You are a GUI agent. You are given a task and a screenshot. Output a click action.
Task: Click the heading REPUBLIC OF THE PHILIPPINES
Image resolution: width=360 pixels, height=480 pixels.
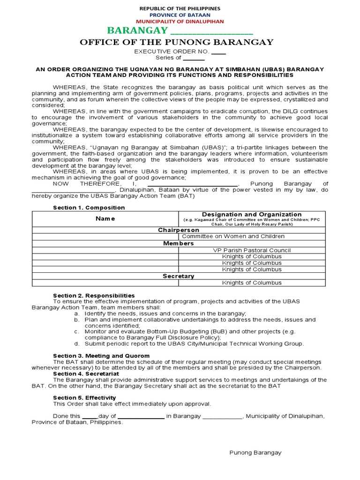coord(180,9)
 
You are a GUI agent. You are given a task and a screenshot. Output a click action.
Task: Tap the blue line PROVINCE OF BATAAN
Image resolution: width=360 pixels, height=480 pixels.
coord(180,15)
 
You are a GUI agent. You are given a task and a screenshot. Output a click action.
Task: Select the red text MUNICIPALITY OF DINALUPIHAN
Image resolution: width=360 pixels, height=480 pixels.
coord(180,22)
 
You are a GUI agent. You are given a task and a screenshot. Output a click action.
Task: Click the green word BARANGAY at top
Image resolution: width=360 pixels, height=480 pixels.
coord(137,31)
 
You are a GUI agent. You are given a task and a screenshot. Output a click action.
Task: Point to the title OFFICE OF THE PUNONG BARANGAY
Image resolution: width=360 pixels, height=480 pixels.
coord(177,43)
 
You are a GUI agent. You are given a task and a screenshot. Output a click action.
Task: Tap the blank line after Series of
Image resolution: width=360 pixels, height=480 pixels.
coord(194,58)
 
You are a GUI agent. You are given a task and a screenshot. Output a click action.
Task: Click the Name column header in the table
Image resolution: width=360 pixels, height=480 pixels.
coord(105,218)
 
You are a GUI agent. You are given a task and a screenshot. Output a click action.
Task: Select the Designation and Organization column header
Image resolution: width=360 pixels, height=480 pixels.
coord(252,214)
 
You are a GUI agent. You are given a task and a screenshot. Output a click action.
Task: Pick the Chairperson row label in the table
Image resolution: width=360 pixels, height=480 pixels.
coord(179,230)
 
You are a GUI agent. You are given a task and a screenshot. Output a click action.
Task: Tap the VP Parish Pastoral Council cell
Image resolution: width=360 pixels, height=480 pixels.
coord(252,250)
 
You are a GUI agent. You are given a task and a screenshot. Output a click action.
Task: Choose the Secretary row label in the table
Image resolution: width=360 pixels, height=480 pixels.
coord(179,276)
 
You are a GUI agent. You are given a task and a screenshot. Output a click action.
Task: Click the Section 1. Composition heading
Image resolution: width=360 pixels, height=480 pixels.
coord(89,208)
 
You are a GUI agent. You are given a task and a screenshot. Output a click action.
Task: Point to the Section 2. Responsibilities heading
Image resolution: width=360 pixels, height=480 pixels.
coord(94,295)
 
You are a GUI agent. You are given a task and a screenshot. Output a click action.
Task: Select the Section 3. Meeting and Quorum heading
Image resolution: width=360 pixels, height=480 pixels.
coord(101,356)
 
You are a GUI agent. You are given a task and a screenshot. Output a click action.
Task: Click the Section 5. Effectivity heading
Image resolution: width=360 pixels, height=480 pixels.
coord(84,397)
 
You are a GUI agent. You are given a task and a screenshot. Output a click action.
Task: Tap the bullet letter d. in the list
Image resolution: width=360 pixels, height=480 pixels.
coord(76,344)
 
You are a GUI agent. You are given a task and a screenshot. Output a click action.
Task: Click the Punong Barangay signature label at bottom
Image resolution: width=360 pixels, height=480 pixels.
coord(255,452)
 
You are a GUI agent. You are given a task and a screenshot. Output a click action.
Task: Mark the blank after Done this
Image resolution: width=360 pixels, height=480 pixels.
coord(89,416)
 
